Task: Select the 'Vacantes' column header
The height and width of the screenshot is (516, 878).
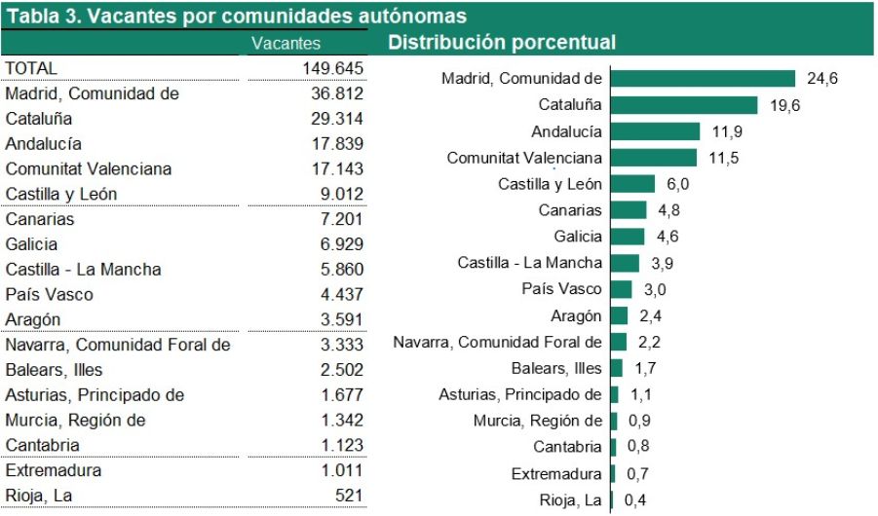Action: (286, 44)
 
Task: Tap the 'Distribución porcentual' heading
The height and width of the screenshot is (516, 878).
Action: (501, 43)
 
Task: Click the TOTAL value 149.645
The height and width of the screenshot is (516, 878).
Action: (332, 68)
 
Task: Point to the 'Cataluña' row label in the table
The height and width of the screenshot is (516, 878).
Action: (39, 119)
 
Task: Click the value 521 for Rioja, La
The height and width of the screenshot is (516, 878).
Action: (349, 496)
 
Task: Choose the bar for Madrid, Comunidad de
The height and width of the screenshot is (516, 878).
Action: (704, 79)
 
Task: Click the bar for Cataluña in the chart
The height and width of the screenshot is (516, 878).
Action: (684, 105)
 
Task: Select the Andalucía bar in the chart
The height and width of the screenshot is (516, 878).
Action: (655, 131)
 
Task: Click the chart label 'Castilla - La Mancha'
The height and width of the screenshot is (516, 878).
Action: (529, 263)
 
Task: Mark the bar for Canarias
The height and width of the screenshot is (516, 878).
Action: (629, 210)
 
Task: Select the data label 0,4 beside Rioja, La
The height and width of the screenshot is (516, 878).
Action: (634, 500)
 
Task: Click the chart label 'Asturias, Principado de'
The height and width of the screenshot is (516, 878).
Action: (519, 394)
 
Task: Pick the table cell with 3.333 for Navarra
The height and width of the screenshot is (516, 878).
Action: (341, 345)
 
